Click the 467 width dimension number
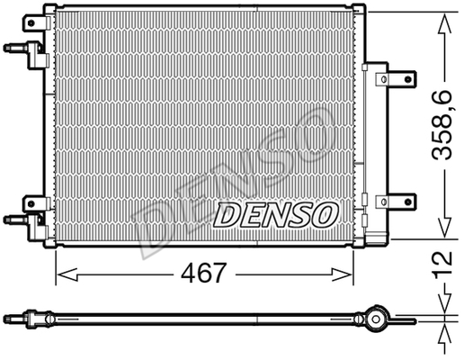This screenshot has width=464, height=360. [203, 273]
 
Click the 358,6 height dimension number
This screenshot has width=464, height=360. [442, 125]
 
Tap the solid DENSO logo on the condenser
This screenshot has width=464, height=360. [276, 214]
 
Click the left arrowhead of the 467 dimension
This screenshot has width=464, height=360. [67, 274]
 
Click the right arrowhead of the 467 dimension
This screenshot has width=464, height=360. [342, 274]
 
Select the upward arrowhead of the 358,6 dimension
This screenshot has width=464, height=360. [444, 23]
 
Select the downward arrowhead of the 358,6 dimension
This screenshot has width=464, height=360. [444, 227]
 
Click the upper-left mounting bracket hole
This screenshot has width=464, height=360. [31, 22]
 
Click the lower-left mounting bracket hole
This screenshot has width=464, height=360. [31, 204]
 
